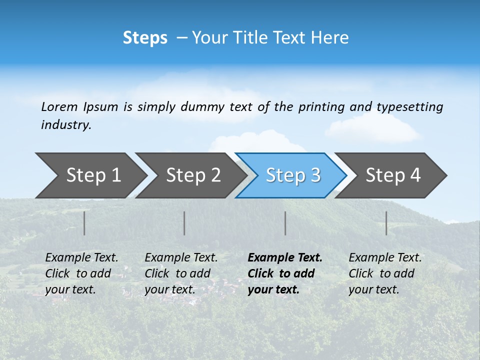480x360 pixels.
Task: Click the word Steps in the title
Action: coord(145,38)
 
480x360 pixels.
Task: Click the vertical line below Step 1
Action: coord(84,223)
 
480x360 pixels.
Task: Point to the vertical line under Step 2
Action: coord(184,223)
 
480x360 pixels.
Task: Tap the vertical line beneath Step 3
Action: coord(285,223)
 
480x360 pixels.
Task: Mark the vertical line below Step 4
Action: coord(386,223)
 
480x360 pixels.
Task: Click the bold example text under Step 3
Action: coord(284,273)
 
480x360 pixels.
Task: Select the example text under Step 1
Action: coord(81,273)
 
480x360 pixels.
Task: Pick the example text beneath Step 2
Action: coord(181,273)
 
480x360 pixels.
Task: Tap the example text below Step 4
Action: coord(385,273)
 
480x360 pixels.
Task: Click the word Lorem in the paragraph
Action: coord(59,106)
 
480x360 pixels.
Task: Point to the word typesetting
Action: coord(409,107)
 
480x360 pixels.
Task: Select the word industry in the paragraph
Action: coord(65,125)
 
